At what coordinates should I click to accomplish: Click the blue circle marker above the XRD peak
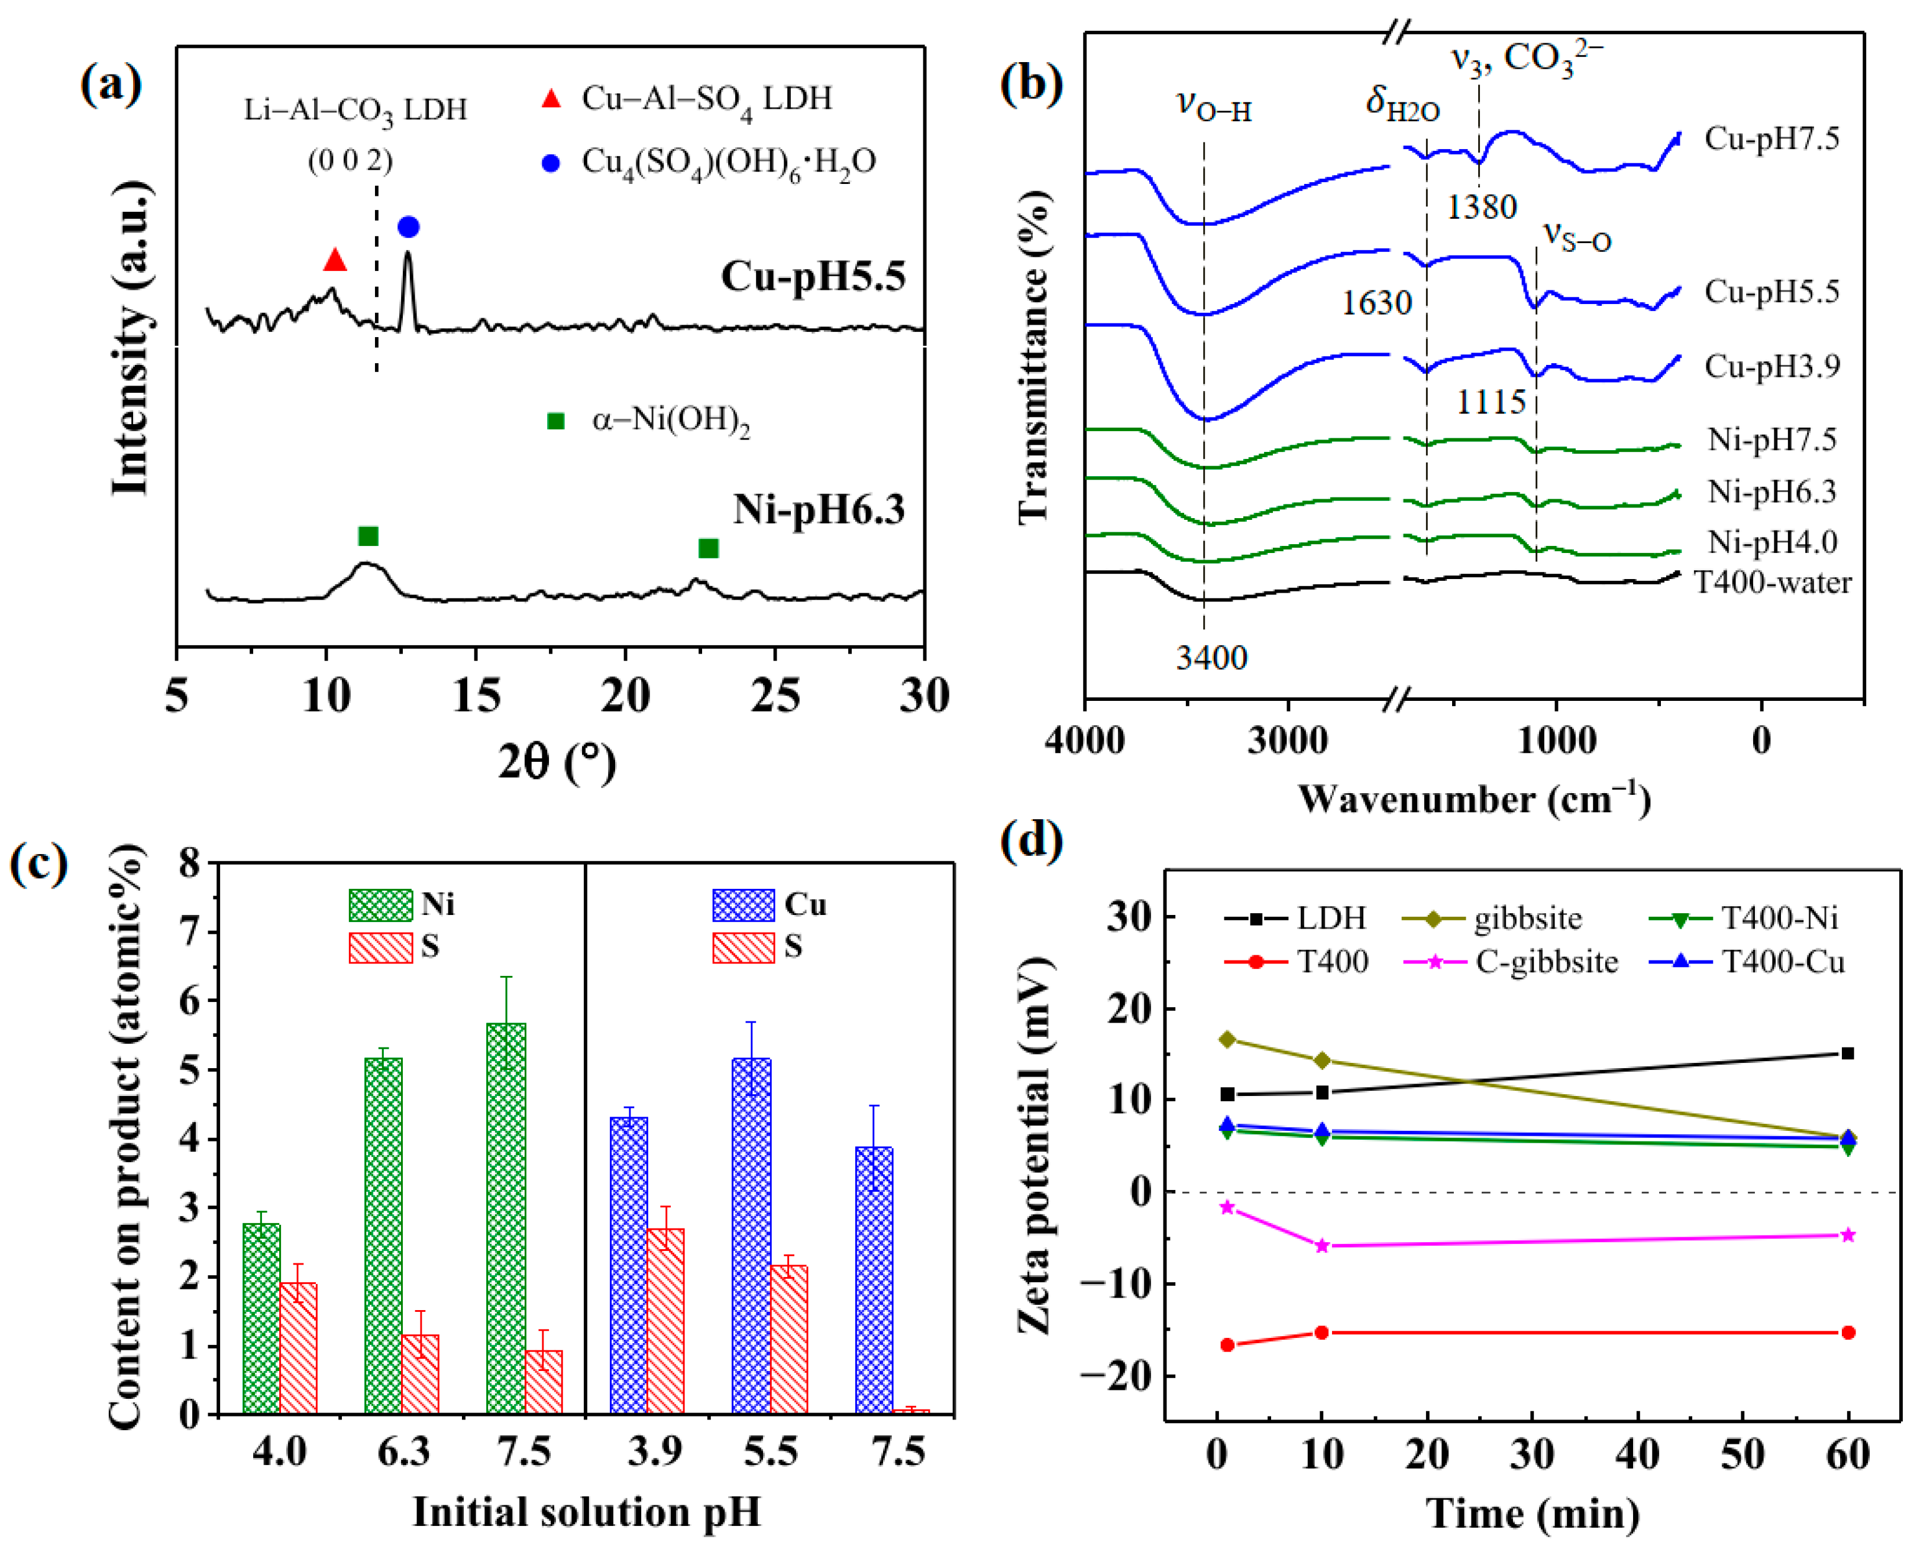408,227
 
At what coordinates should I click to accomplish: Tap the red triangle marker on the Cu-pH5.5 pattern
334,260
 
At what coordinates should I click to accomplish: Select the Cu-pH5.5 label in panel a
813,276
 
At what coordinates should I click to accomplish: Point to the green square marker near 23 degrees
708,548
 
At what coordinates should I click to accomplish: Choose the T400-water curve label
1772,583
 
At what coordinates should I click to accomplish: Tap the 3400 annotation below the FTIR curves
1211,658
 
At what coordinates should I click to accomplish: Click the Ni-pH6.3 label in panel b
1771,492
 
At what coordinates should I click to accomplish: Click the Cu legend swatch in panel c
743,905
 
